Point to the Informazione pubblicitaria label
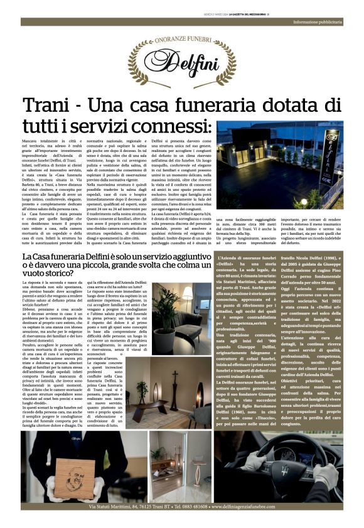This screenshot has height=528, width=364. click(326, 23)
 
